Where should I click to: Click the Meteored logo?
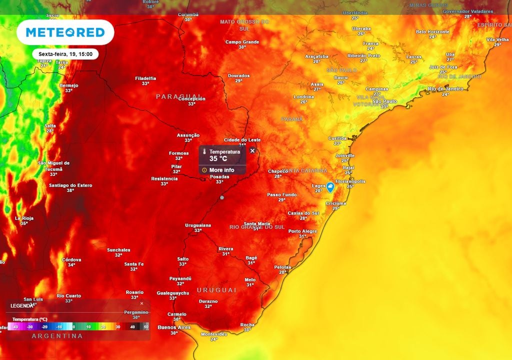tap(65, 32)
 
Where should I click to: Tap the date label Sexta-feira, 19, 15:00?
tap(65, 53)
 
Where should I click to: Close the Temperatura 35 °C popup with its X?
tap(252, 150)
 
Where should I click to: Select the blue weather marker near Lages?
tap(330, 187)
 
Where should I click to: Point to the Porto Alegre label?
tap(302, 231)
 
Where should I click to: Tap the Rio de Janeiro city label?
tap(445, 89)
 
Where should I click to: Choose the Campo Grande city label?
tap(242, 42)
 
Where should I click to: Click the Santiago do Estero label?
tap(70, 185)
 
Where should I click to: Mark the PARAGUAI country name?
tap(178, 96)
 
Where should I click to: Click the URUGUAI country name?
tap(216, 290)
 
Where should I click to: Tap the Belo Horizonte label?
tap(432, 31)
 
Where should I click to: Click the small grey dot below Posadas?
tap(222, 197)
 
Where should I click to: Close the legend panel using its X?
tap(141, 303)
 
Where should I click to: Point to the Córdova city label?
tap(71, 259)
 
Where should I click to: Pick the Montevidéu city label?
tap(214, 334)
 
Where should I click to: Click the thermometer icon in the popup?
tap(204, 151)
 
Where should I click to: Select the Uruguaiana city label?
tap(198, 225)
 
